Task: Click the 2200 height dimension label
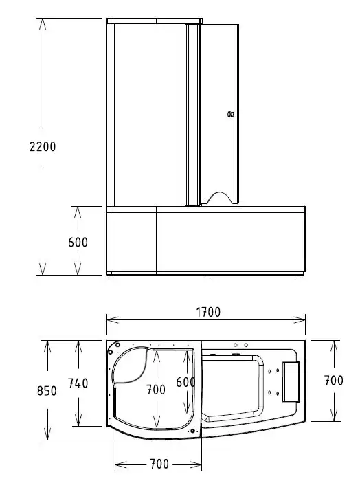(x=43, y=146)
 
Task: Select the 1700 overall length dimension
(x=207, y=312)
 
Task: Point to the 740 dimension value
(x=78, y=384)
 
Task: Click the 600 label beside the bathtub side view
(x=78, y=242)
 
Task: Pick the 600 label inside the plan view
(x=185, y=382)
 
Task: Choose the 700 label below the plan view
(x=158, y=464)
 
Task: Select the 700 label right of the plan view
(x=333, y=380)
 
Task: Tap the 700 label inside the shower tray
(x=156, y=390)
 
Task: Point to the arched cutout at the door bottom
(x=219, y=198)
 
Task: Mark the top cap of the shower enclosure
(x=155, y=21)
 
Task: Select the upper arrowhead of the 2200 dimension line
(x=43, y=23)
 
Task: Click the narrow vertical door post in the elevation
(x=194, y=115)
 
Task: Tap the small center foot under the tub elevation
(x=207, y=276)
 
